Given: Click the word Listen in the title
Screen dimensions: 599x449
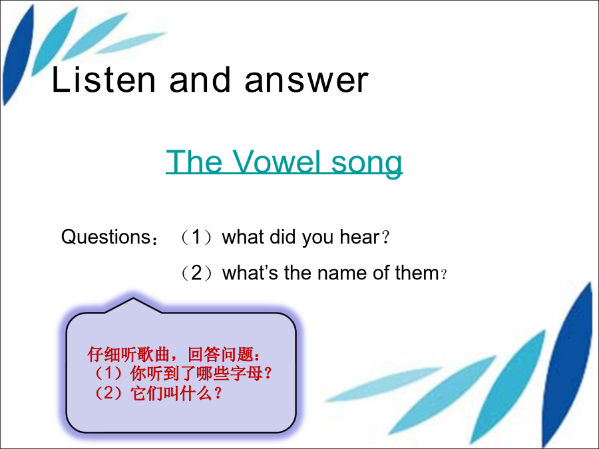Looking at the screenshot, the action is tap(104, 79).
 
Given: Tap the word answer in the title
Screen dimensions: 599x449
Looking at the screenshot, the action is tap(306, 80).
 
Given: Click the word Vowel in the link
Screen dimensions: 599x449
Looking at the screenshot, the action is tap(276, 162).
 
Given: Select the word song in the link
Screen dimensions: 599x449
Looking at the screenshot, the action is tap(366, 164).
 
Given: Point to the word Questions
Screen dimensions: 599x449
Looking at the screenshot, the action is tap(106, 237).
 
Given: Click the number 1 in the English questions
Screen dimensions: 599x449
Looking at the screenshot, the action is tap(196, 237).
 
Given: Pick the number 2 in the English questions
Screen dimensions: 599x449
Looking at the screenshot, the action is tap(196, 273).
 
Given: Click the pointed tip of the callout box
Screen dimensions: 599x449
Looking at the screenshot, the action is tap(133, 298).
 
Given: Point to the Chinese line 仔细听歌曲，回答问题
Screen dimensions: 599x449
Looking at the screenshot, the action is tap(174, 355).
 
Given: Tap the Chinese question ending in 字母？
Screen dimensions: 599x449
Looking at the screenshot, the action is tap(183, 373).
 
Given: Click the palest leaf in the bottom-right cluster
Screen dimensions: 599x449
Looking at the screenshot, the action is tap(382, 384).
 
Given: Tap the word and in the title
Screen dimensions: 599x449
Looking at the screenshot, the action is tap(200, 79).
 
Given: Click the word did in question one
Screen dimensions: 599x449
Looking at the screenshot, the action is tap(282, 237).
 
